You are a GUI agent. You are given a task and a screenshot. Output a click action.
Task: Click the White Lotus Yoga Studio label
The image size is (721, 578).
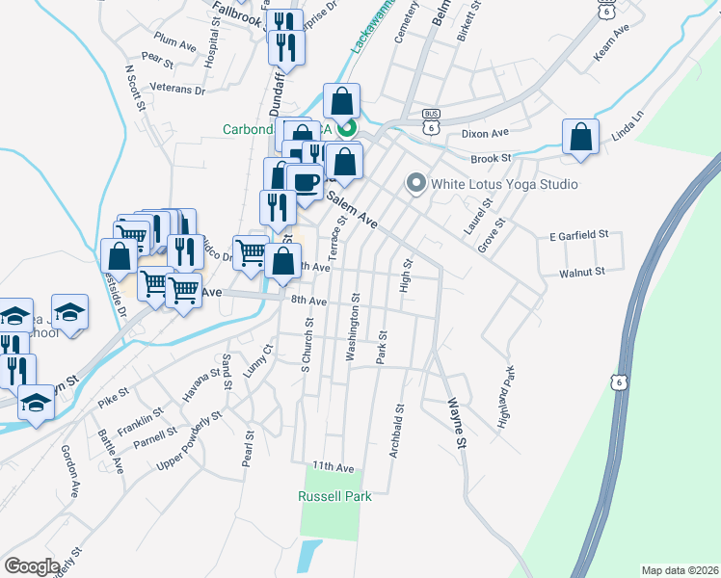504,184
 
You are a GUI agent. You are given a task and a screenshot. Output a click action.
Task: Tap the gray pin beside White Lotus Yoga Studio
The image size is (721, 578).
416,182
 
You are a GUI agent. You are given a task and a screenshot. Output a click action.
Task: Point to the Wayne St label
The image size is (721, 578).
454,425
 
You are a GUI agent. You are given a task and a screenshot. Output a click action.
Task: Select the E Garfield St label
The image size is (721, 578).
579,235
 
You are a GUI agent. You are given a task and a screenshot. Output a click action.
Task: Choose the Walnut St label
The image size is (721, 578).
581,273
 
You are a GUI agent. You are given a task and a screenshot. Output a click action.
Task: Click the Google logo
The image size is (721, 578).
31,566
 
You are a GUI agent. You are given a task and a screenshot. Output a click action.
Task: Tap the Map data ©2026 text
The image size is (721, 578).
680,570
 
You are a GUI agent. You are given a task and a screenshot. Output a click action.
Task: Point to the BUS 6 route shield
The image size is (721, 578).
431,120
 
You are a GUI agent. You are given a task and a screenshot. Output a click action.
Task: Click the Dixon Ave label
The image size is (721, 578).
485,134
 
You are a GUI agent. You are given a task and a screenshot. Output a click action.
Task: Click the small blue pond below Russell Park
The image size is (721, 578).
308,556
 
